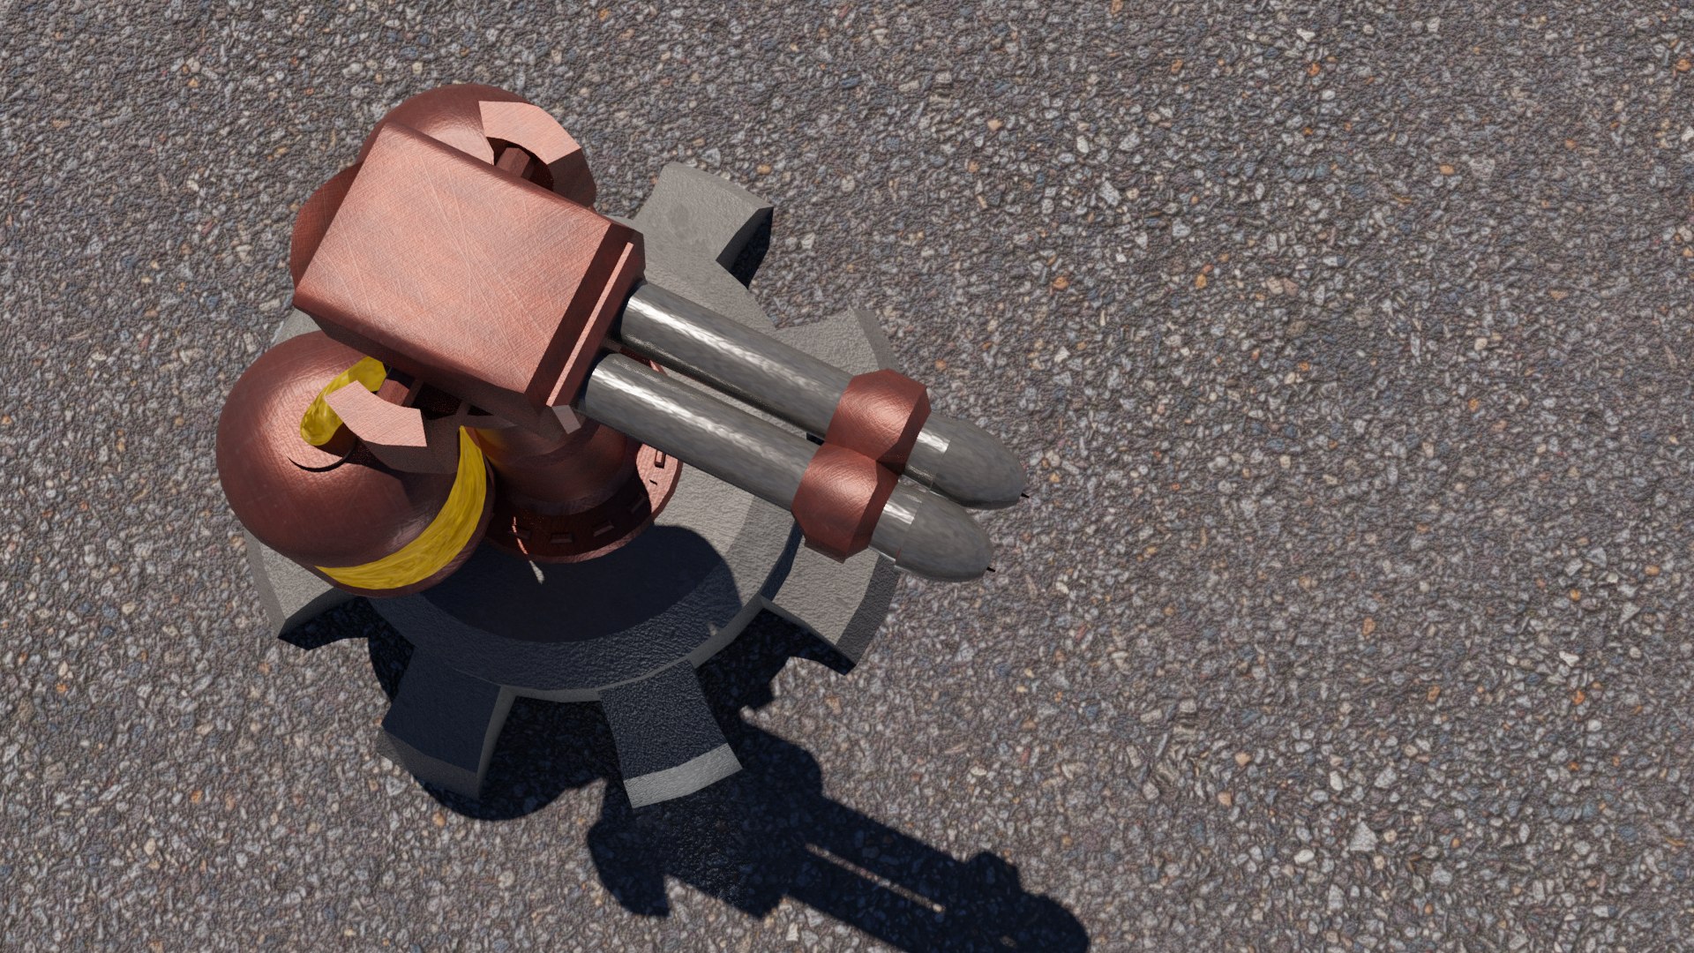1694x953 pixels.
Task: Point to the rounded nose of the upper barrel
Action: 979,463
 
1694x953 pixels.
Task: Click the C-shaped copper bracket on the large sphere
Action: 379,415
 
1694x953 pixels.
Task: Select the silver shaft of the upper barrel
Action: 732,353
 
